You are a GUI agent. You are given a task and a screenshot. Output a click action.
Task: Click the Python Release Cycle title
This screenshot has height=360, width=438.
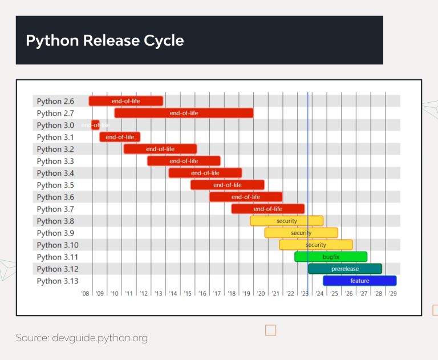tap(105, 41)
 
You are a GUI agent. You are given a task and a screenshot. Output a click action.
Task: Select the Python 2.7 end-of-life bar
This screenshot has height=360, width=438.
tap(184, 113)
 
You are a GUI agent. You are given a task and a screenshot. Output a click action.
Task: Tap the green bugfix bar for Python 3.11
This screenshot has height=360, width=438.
tap(331, 257)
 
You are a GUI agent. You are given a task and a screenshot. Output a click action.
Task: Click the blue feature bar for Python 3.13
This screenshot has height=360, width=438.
tap(359, 281)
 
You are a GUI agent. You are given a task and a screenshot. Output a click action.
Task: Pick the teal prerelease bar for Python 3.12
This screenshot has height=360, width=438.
tap(345, 269)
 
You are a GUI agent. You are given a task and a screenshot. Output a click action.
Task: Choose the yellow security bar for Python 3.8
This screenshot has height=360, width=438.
tap(287, 221)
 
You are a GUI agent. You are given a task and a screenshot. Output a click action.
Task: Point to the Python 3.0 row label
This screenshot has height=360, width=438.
tap(55, 126)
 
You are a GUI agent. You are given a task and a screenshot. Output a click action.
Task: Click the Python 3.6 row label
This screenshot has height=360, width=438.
tap(55, 197)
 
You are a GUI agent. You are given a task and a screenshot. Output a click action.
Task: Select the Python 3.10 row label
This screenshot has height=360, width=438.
tap(57, 245)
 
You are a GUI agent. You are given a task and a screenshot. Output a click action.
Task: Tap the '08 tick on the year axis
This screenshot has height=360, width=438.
tap(85, 293)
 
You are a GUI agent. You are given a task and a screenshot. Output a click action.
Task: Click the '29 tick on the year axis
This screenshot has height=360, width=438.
tap(392, 293)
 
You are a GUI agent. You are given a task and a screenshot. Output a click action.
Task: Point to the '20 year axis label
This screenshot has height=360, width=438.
tap(261, 293)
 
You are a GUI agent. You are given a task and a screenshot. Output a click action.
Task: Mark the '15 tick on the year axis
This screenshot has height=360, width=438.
tap(188, 293)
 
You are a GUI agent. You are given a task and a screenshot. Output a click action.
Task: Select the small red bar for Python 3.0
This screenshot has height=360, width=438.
tap(95, 125)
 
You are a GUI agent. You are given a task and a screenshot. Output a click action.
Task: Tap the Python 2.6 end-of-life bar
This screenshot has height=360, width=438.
tap(126, 101)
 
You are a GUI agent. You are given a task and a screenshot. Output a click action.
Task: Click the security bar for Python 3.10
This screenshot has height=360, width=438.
tap(316, 245)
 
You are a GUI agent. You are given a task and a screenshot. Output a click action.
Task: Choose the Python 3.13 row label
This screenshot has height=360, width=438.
tap(57, 281)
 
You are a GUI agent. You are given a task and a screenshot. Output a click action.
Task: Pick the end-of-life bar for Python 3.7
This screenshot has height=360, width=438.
tap(268, 209)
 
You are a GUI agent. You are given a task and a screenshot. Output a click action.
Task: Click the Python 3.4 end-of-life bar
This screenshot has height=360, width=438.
tap(205, 173)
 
